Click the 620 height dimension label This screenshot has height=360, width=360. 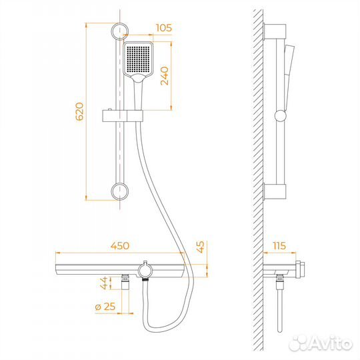(x=80, y=112)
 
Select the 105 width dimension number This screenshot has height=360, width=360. (x=164, y=28)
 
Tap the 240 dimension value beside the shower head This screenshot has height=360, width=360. (x=165, y=76)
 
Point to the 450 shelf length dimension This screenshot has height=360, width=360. (x=120, y=245)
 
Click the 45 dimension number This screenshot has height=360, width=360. (x=201, y=247)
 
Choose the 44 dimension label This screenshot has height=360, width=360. (x=103, y=283)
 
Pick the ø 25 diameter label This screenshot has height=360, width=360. (x=105, y=307)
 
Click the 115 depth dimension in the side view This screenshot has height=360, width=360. (x=279, y=245)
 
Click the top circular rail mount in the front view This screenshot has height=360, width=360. (x=120, y=31)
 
